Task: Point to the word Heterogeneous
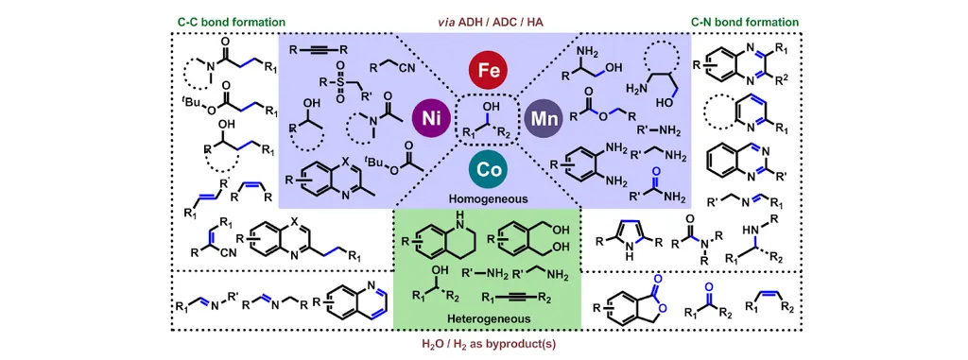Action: pos(487,318)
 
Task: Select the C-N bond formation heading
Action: pos(745,23)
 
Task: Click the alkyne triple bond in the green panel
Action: pos(517,299)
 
